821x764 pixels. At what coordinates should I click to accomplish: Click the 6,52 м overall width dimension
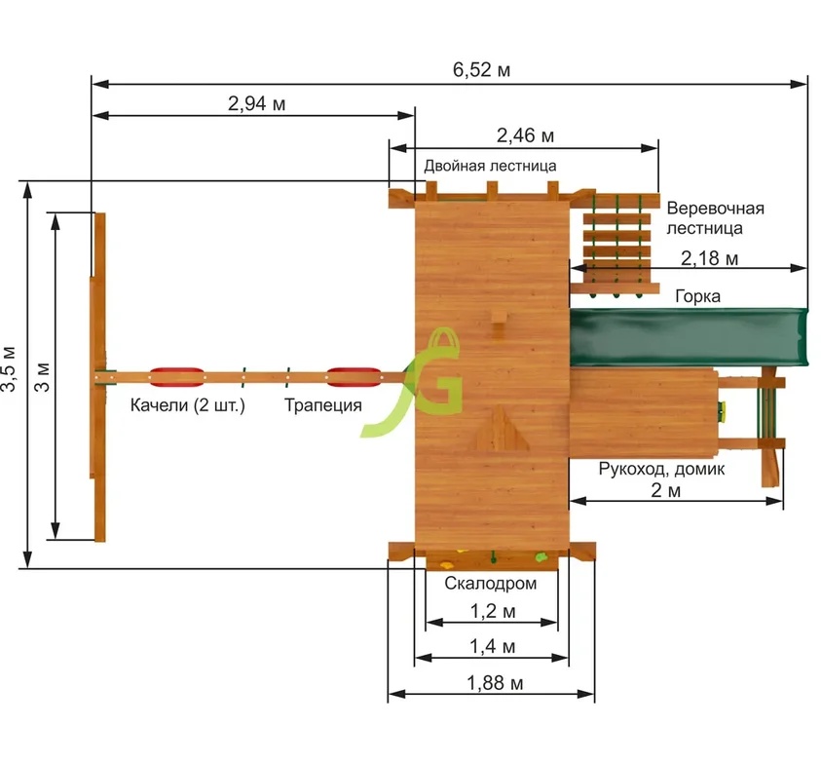pyautogui.click(x=481, y=70)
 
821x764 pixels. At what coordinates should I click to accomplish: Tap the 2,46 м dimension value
pyautogui.click(x=525, y=134)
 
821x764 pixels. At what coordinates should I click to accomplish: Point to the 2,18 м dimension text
pyautogui.click(x=709, y=258)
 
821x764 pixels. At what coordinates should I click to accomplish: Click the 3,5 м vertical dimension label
pyautogui.click(x=9, y=370)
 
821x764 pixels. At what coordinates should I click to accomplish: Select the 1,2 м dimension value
pyautogui.click(x=492, y=612)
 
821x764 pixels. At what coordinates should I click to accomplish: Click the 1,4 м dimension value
pyautogui.click(x=492, y=647)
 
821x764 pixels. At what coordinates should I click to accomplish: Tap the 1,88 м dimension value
pyautogui.click(x=492, y=683)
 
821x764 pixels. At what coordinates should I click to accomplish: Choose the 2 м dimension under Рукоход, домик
pyautogui.click(x=666, y=490)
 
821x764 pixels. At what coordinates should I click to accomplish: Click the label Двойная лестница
pyautogui.click(x=491, y=166)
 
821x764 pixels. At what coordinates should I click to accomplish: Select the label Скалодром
pyautogui.click(x=491, y=584)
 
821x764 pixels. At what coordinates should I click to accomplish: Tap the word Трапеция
pyautogui.click(x=323, y=405)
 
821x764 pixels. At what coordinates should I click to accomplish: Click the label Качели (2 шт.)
pyautogui.click(x=188, y=405)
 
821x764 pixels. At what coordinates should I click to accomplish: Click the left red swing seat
pyautogui.click(x=177, y=375)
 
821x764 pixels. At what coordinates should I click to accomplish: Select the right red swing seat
pyautogui.click(x=352, y=375)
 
